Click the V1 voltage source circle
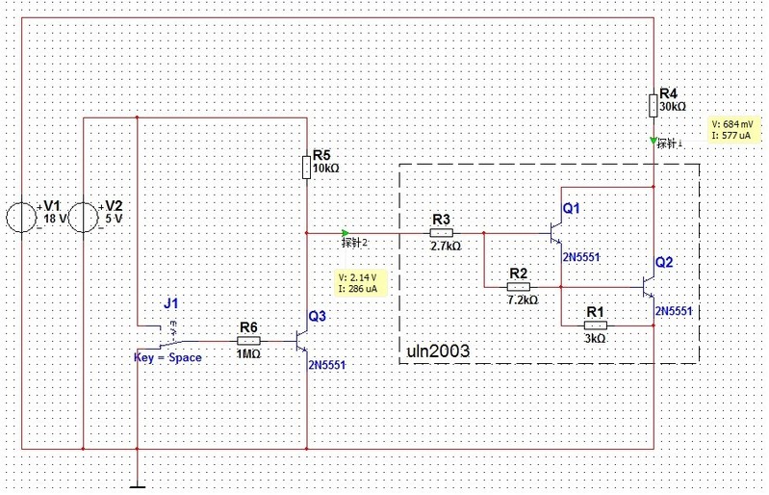[22, 218]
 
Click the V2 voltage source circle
[85, 218]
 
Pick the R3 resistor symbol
[441, 232]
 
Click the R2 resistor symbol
[518, 286]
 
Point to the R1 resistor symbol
[595, 326]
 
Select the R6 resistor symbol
[248, 339]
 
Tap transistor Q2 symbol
[647, 286]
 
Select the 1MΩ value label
[248, 354]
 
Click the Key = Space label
[167, 357]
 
